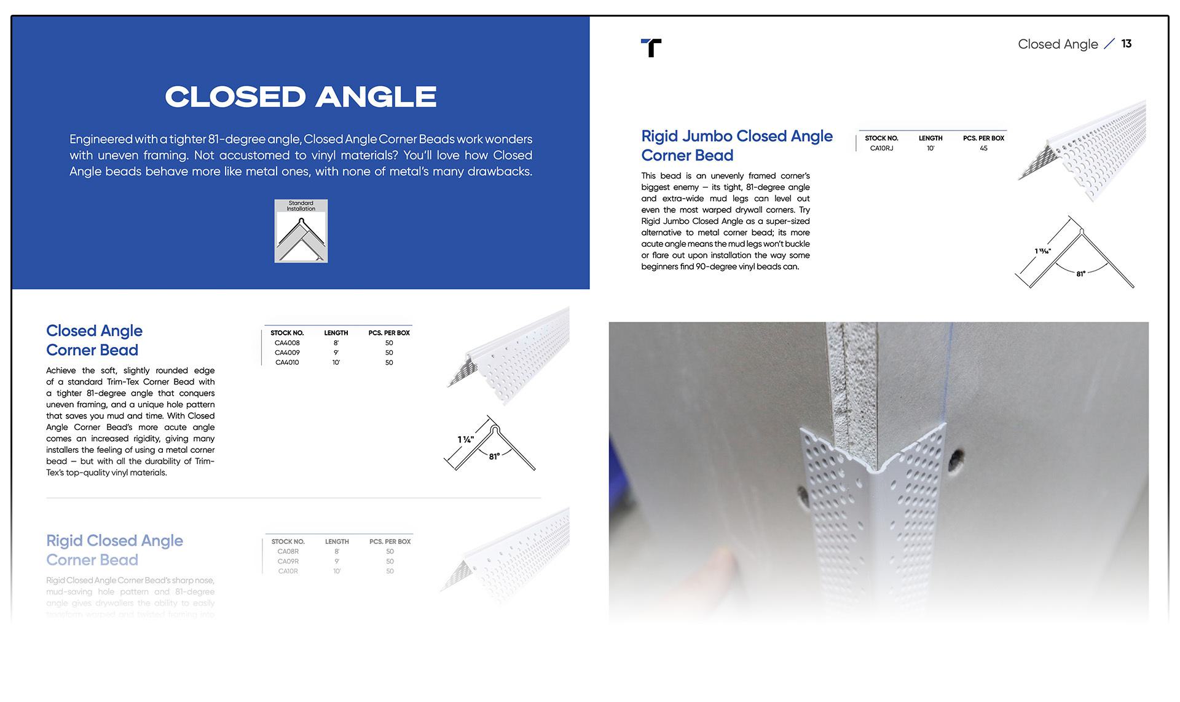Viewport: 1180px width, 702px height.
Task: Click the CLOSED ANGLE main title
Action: pyautogui.click(x=301, y=97)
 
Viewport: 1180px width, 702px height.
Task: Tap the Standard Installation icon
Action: pyautogui.click(x=301, y=231)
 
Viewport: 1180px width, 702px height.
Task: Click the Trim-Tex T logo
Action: pyautogui.click(x=651, y=47)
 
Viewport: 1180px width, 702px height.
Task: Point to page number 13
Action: pyautogui.click(x=1126, y=44)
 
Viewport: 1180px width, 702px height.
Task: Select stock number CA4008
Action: pyautogui.click(x=287, y=343)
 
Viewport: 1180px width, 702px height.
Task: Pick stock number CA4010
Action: pyautogui.click(x=287, y=362)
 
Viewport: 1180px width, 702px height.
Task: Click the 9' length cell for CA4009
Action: pyautogui.click(x=336, y=353)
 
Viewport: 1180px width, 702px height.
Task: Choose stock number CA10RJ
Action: pyautogui.click(x=881, y=148)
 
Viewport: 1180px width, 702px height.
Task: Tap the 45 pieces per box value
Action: pyautogui.click(x=983, y=148)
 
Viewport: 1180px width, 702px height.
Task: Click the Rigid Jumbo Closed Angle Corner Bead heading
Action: pyautogui.click(x=736, y=146)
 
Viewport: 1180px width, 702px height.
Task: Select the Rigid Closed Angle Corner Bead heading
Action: pyautogui.click(x=114, y=550)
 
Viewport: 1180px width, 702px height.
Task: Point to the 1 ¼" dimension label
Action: pyautogui.click(x=465, y=439)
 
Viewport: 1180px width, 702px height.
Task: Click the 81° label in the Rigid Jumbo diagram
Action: pyautogui.click(x=1080, y=274)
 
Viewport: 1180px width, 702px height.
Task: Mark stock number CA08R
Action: pyautogui.click(x=288, y=551)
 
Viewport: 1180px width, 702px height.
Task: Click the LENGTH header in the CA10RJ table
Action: pyautogui.click(x=930, y=138)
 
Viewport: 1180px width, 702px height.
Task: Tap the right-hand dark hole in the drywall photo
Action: pyautogui.click(x=956, y=458)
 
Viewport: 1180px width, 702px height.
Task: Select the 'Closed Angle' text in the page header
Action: pyautogui.click(x=1057, y=44)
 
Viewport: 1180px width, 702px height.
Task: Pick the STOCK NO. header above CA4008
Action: pyautogui.click(x=287, y=333)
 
